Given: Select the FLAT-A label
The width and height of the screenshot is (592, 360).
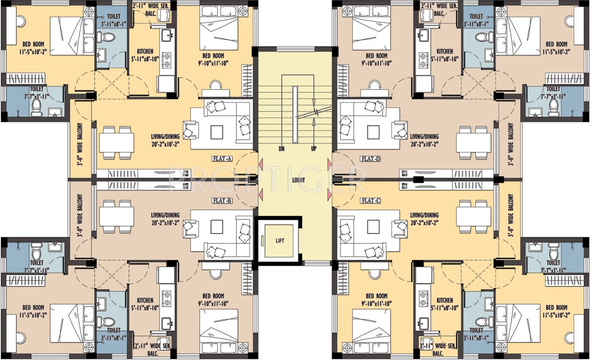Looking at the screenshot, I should click(x=222, y=159).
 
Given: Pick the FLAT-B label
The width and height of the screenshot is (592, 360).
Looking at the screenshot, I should click(x=222, y=200).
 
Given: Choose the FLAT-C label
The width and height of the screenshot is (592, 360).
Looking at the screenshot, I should click(x=370, y=200).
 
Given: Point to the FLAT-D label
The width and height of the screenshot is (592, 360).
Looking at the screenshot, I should click(x=370, y=159).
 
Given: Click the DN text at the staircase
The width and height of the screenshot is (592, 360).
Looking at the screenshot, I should click(x=281, y=149).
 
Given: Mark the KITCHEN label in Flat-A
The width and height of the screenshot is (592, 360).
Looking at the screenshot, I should click(x=145, y=51).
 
